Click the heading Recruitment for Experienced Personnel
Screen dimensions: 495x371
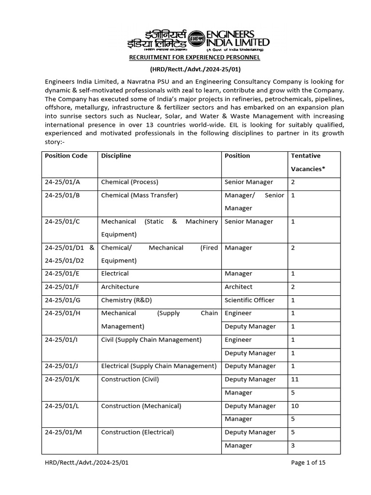[x=194, y=58]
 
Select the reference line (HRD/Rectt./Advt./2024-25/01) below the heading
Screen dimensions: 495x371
[x=194, y=69]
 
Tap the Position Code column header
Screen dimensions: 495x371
[x=66, y=156]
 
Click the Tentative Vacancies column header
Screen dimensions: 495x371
[x=305, y=162]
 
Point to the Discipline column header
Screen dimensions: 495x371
[x=116, y=156]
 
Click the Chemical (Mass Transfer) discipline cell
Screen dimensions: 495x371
[x=139, y=195]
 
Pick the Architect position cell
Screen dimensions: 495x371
[x=239, y=287]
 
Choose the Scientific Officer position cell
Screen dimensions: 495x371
[x=249, y=300]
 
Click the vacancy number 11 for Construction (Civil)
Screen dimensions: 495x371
[x=295, y=379]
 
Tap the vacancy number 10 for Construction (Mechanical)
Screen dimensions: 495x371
[x=295, y=406]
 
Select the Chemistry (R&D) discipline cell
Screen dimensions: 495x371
[x=126, y=300]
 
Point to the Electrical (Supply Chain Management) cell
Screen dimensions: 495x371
[x=158, y=366]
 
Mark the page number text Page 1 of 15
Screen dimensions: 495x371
[x=308, y=463]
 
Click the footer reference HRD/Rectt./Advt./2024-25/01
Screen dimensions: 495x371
[x=86, y=463]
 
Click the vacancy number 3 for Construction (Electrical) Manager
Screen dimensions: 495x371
[x=293, y=445]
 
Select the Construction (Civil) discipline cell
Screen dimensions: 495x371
[x=130, y=379]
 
